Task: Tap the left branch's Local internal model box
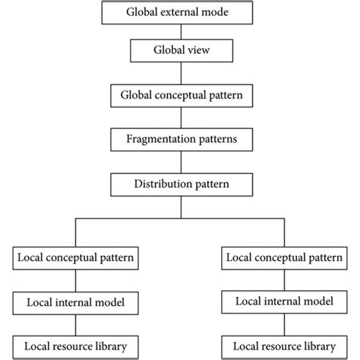(x=76, y=302)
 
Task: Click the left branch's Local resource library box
(x=76, y=346)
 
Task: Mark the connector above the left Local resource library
(x=76, y=324)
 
